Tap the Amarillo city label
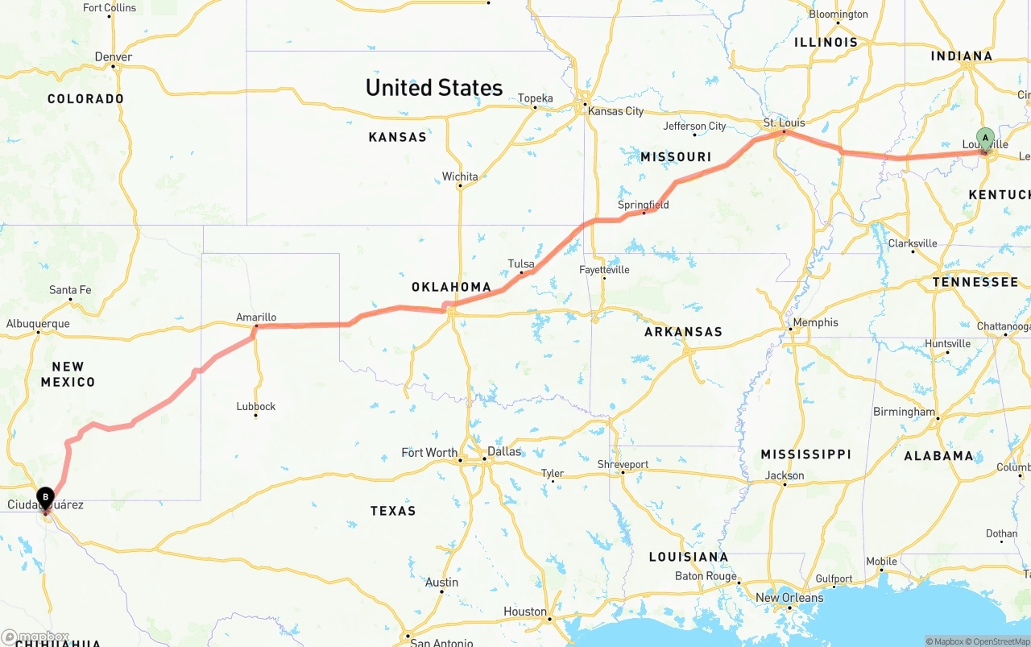(x=256, y=317)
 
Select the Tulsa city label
(x=521, y=263)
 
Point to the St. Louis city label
(x=784, y=123)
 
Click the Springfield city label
(x=643, y=205)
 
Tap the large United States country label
(x=433, y=88)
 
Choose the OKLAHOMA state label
(x=451, y=287)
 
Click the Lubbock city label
(x=256, y=406)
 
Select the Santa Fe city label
(x=70, y=290)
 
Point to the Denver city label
(x=113, y=57)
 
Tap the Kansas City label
(x=615, y=111)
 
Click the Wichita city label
(x=460, y=176)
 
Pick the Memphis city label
(x=815, y=322)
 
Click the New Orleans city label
(x=789, y=597)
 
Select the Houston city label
(x=525, y=612)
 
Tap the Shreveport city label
(x=623, y=464)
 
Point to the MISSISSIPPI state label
(x=805, y=454)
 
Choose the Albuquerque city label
(x=38, y=324)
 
